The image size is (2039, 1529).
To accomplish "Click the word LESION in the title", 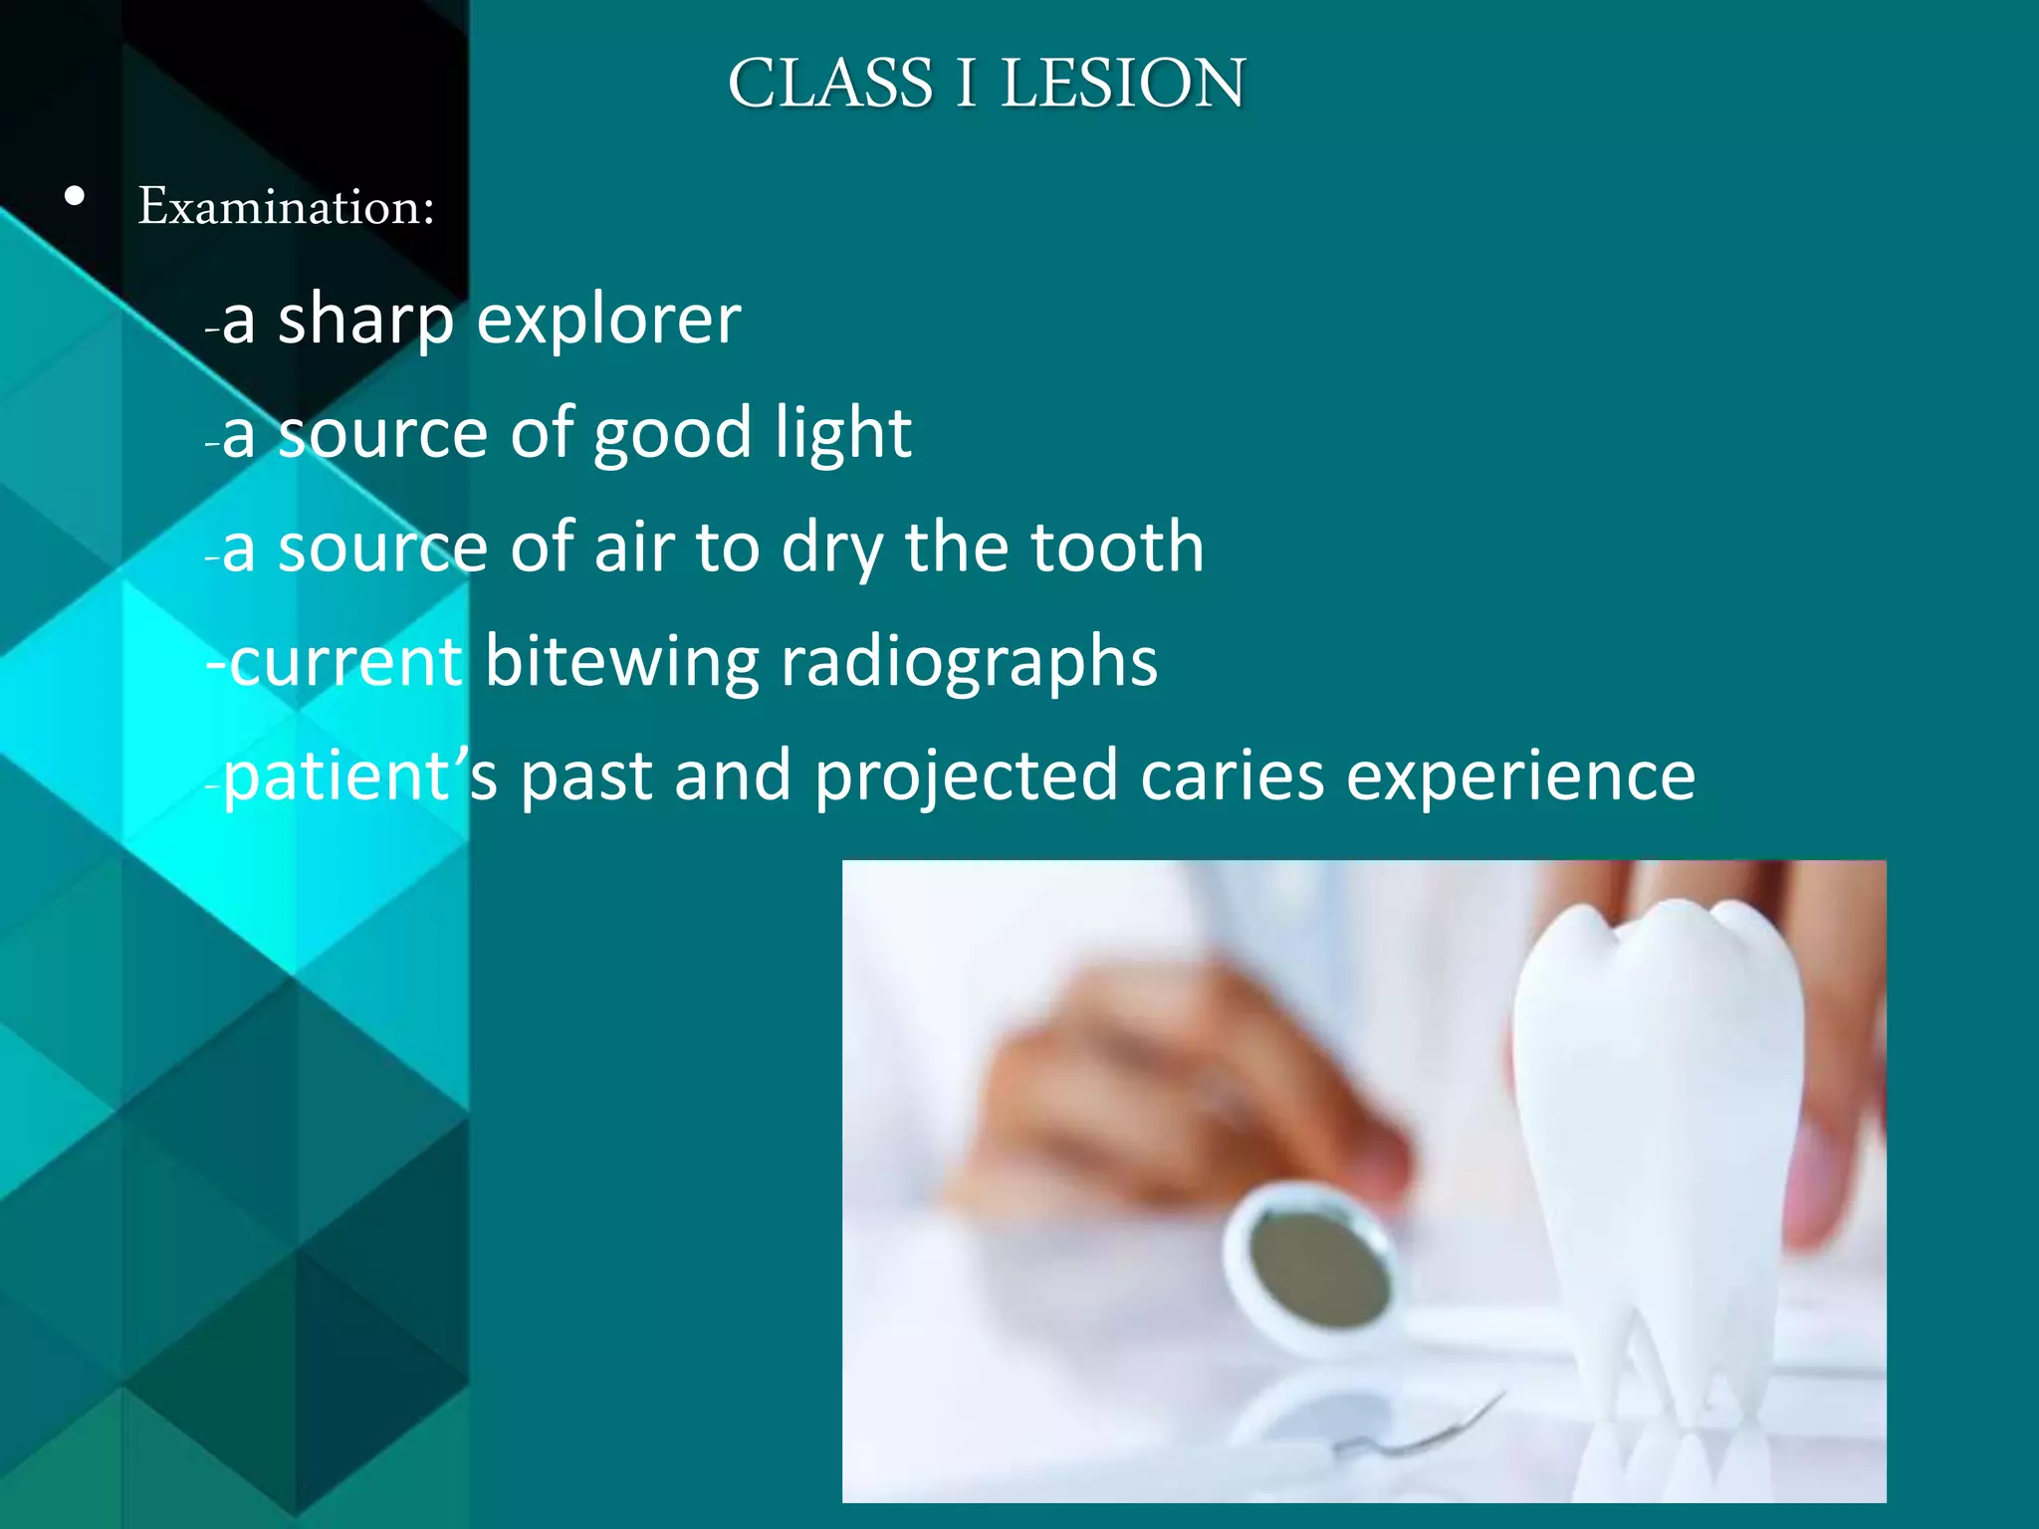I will coord(1122,83).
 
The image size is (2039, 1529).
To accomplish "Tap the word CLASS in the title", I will coord(830,83).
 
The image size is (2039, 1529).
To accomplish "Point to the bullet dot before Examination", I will coord(74,197).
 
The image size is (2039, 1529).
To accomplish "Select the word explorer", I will coord(608,321).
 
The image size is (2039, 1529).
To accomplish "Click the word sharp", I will coord(365,321).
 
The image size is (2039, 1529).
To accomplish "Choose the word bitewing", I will coord(621,662).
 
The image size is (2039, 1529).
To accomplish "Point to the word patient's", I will coord(359,776).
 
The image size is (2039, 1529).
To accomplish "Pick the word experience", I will coord(1520,776).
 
